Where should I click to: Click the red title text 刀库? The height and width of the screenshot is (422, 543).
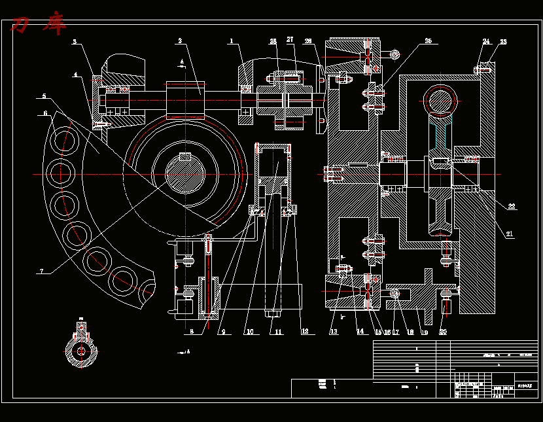[x=39, y=26]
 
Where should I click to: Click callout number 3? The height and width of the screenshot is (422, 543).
[x=75, y=42]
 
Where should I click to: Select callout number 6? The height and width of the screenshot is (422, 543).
[x=45, y=113]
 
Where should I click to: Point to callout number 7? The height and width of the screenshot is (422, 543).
[x=41, y=271]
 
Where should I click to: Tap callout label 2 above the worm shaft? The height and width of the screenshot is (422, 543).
[x=179, y=41]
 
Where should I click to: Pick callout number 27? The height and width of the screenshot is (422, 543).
[x=290, y=41]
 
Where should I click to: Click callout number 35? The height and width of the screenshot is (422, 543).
[x=428, y=41]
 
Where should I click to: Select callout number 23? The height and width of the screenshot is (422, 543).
[x=503, y=42]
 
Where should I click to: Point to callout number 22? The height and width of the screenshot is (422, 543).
[x=512, y=207]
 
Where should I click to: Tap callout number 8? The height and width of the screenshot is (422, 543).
[x=192, y=332]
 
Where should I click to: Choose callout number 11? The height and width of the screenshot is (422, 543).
[x=278, y=332]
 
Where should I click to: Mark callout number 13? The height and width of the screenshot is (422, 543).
[x=334, y=332]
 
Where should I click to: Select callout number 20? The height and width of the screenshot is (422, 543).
[x=443, y=332]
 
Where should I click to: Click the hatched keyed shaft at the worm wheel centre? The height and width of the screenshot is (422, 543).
[x=185, y=173]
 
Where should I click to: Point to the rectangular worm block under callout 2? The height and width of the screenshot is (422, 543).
[x=186, y=98]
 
